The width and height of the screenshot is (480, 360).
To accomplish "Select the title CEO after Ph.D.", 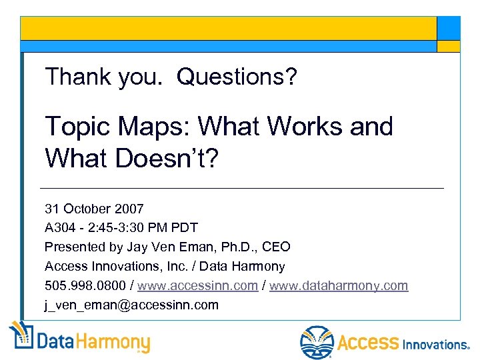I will pyautogui.click(x=277, y=247).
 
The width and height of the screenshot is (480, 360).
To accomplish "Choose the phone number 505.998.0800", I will pyautogui.click(x=86, y=285).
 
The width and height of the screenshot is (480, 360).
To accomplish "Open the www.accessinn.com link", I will pyautogui.click(x=198, y=285).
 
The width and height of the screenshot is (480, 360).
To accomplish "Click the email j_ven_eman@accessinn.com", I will pyautogui.click(x=131, y=305).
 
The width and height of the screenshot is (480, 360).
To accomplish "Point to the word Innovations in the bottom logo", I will pyautogui.click(x=435, y=344).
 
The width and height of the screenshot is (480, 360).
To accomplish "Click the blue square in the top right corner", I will pyautogui.click(x=448, y=27).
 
